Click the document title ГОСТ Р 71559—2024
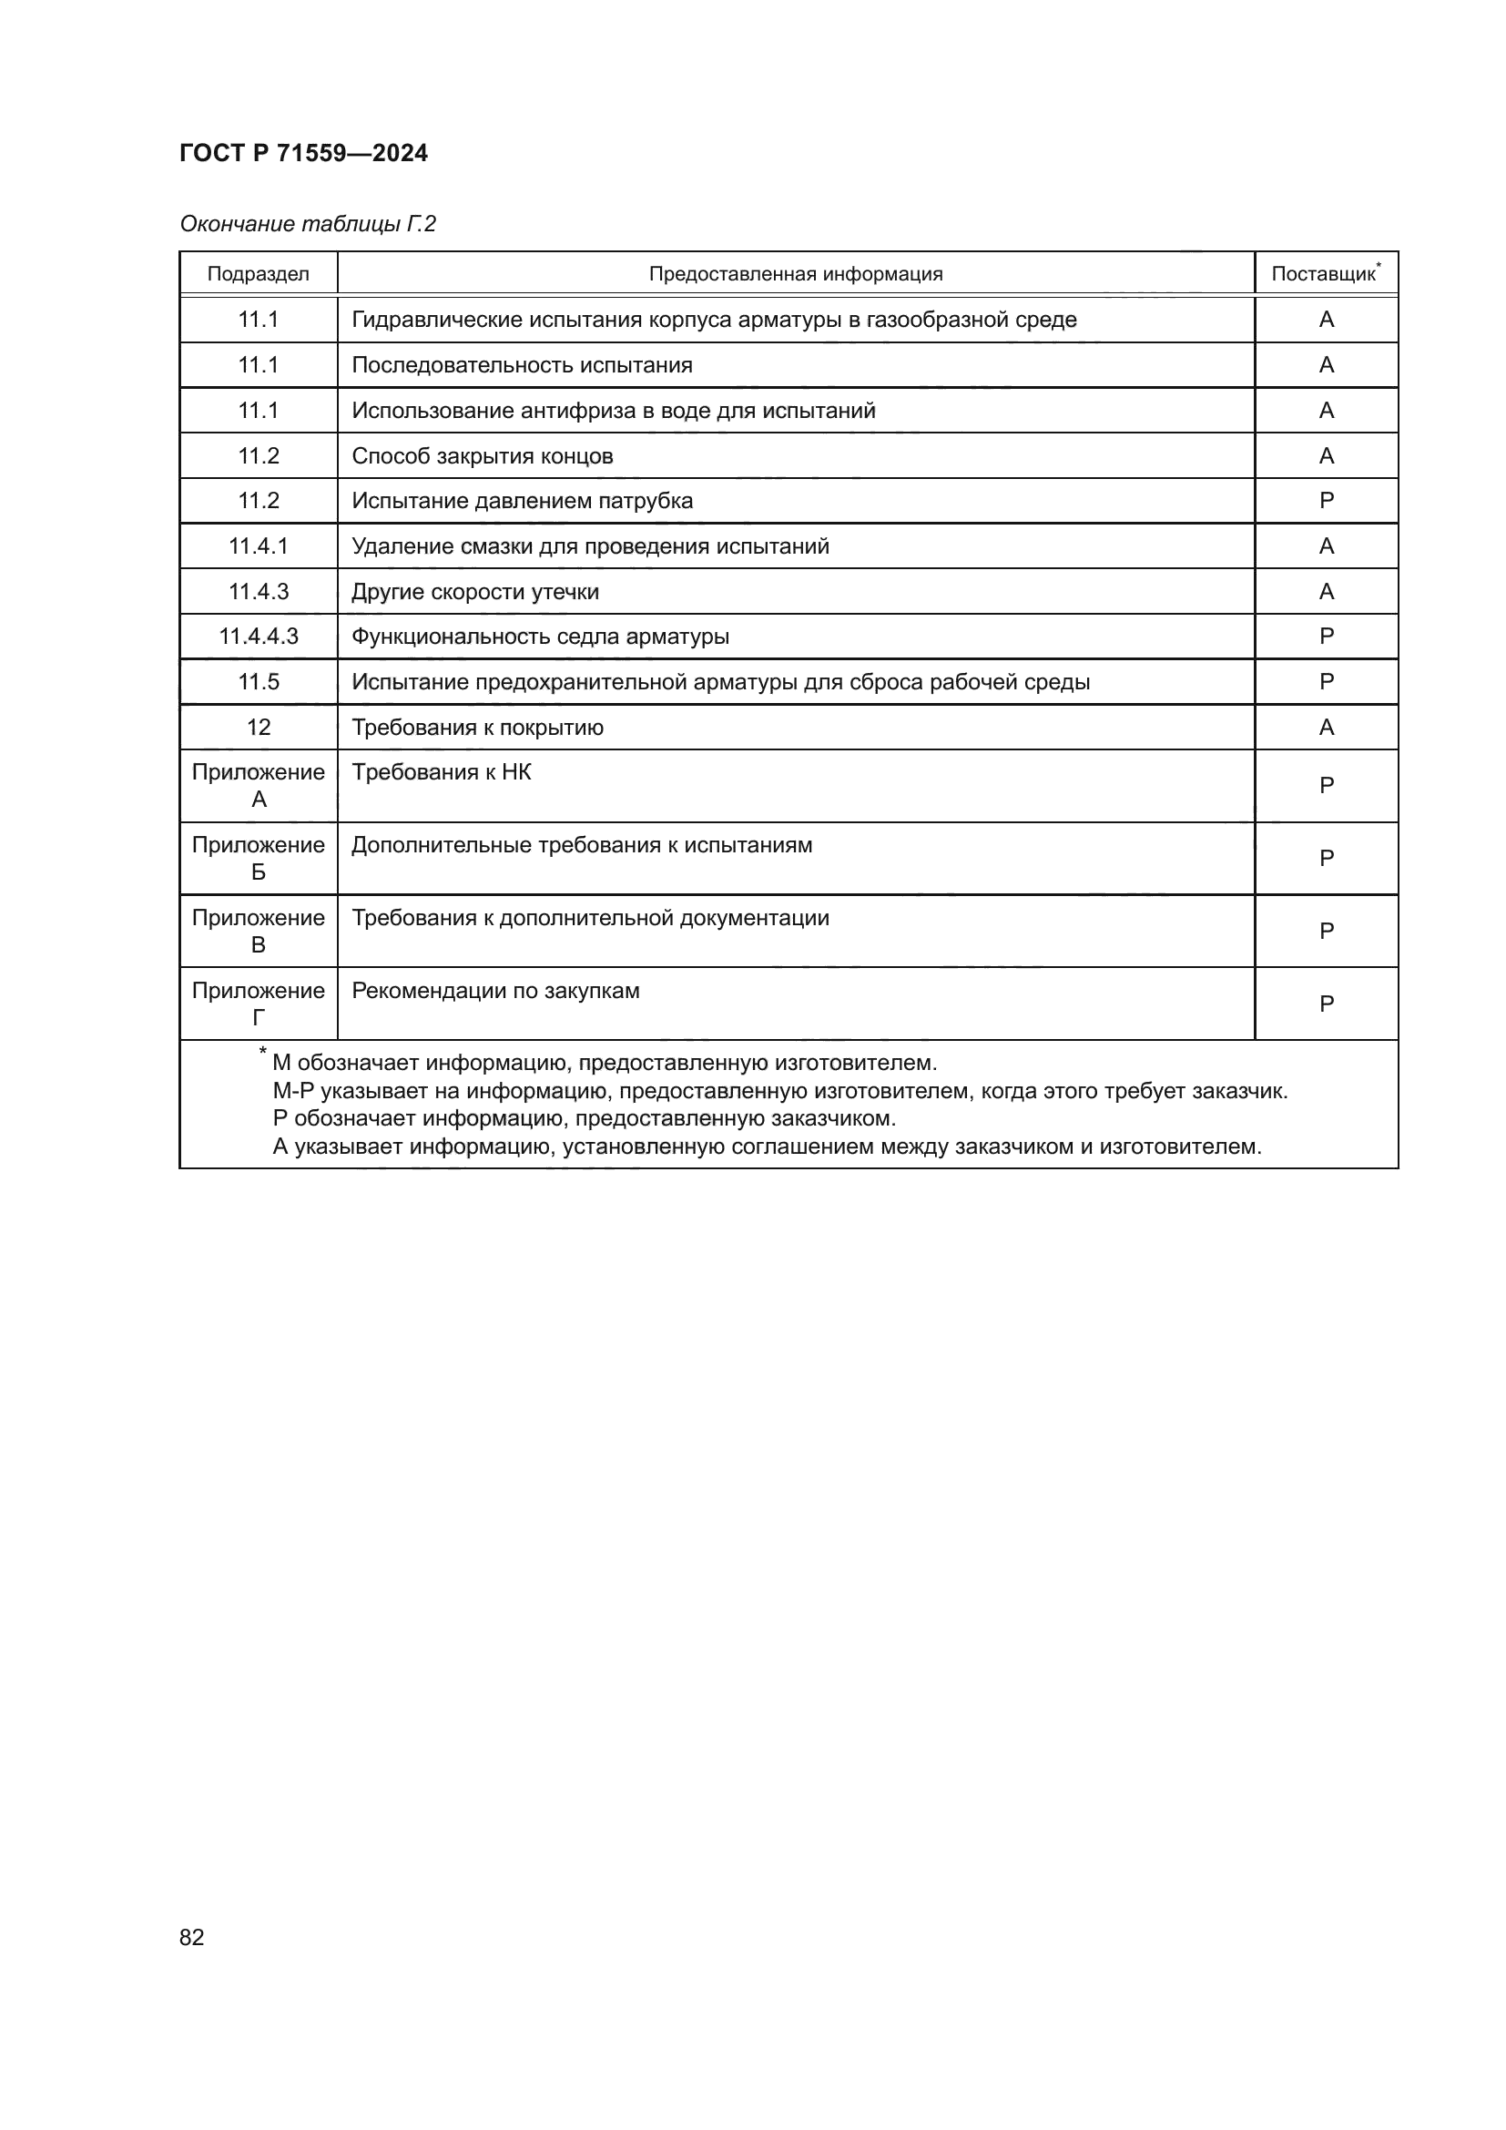point(303,153)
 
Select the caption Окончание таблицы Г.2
point(307,224)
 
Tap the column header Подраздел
point(258,274)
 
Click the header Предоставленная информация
point(795,274)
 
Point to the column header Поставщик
point(1323,274)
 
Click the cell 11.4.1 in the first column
point(258,546)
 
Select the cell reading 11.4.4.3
point(258,637)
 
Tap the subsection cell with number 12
point(258,728)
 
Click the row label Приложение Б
point(258,858)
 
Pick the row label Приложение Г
point(258,1004)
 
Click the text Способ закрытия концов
point(483,456)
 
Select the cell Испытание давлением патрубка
point(522,501)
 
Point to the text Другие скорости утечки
point(474,592)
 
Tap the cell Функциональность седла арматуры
point(540,637)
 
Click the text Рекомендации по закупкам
point(495,991)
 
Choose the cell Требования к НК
point(442,772)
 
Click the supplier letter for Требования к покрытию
point(1326,728)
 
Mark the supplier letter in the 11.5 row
point(1326,682)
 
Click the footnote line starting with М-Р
point(779,1091)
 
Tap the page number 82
point(192,1937)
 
